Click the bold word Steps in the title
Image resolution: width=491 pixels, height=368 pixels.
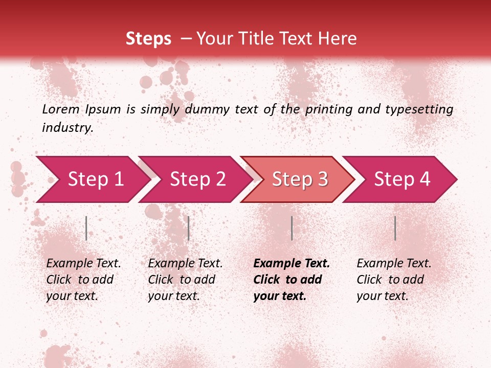148,39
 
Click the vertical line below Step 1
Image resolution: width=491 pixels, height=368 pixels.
86,228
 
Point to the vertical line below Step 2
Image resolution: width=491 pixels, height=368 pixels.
189,228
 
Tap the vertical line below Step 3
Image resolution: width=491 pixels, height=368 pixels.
292,228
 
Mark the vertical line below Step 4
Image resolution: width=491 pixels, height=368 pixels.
395,228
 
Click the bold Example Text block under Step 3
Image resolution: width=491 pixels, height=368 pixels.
292,280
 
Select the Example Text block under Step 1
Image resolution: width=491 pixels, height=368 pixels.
83,280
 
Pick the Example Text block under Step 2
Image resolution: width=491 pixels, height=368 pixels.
185,280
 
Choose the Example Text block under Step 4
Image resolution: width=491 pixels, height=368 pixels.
394,280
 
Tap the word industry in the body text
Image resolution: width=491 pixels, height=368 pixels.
68,128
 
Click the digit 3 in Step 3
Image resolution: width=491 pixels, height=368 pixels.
322,179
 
